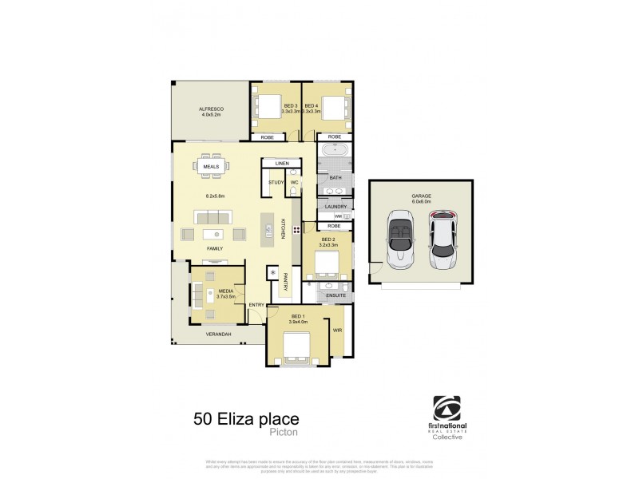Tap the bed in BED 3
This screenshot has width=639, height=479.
pos(264,107)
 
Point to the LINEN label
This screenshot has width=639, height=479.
pos(281,164)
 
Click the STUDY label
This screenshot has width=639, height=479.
pos(276,183)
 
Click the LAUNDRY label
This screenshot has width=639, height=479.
pos(335,207)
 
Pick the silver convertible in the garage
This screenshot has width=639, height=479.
pos(399,239)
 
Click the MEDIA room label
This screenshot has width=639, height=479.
pos(226,291)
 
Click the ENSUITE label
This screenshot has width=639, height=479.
pos(335,296)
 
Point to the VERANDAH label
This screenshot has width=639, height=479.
pos(219,334)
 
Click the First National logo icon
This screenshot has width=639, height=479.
pos(447,409)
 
